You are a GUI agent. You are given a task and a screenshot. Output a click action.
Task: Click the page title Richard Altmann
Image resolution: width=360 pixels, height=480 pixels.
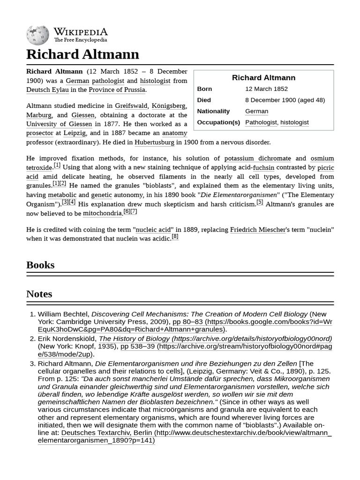click(x=82, y=54)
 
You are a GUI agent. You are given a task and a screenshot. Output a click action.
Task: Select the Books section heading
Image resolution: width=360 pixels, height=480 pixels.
click(x=40, y=265)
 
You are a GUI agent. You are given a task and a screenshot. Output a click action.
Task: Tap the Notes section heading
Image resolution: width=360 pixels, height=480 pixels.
click(x=39, y=294)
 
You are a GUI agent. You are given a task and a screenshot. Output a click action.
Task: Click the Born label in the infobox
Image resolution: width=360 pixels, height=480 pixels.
click(x=204, y=89)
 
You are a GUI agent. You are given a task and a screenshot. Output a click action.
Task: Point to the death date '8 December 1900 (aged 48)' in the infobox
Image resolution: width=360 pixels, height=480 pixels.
click(x=285, y=100)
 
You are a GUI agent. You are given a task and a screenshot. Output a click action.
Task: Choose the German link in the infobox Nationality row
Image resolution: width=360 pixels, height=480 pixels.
click(x=256, y=111)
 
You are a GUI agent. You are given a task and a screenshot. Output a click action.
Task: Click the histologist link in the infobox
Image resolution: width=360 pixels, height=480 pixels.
click(x=294, y=122)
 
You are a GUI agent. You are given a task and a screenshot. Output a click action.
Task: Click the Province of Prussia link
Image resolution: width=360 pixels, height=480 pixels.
click(x=117, y=90)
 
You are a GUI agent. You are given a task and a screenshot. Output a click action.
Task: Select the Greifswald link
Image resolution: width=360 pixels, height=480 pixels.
click(x=131, y=106)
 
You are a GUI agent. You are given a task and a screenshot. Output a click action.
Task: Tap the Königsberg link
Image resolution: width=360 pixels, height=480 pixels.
click(x=169, y=106)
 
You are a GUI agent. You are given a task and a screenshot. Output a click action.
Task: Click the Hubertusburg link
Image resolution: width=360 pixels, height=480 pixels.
click(x=154, y=142)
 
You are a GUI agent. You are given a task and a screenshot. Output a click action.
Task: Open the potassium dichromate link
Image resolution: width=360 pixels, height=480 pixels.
click(x=257, y=158)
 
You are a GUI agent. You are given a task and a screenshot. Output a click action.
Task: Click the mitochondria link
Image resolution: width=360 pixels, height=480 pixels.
click(x=102, y=213)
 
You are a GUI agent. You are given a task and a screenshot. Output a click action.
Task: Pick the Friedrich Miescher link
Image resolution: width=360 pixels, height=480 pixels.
click(x=257, y=230)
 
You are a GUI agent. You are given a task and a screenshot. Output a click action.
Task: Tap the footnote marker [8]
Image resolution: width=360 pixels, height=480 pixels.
click(x=175, y=237)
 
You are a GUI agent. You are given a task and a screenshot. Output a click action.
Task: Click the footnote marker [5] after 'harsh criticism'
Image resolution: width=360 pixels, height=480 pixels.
click(x=260, y=202)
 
